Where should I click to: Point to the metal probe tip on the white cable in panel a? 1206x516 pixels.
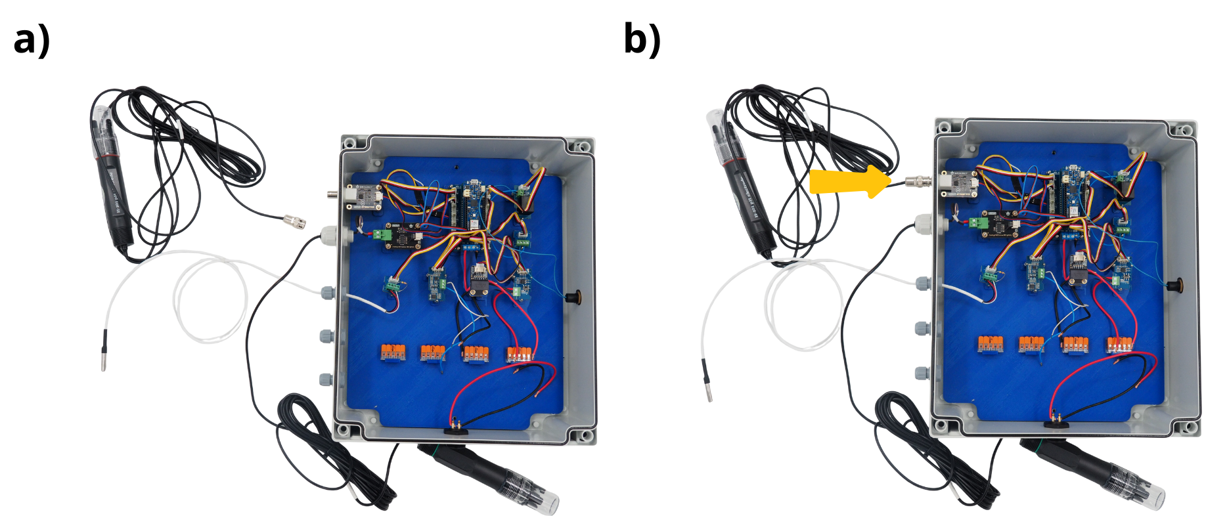[104, 351]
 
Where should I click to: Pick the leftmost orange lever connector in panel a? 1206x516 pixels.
[392, 353]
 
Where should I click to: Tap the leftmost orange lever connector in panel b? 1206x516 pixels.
[991, 343]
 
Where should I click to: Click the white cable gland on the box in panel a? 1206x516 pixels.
[328, 235]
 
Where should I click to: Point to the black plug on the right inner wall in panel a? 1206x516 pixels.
[574, 297]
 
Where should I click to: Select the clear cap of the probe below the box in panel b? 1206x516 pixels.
[1151, 496]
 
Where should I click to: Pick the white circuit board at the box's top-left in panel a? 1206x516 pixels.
[365, 196]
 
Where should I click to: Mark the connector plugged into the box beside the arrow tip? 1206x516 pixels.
[915, 181]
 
